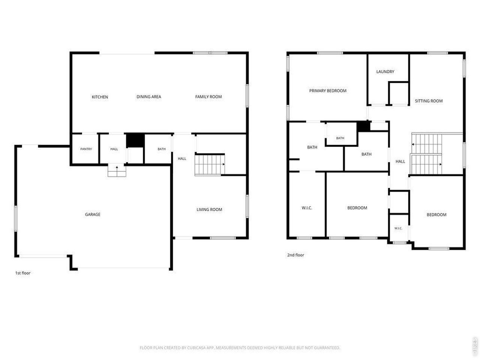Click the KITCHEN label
pos(100,97)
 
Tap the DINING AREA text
pos(149,97)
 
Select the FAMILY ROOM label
pos(208,97)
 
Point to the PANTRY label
pos(86,149)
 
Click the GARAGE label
pos(93,214)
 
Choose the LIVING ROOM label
pos(209,209)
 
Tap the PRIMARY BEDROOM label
pos(328,91)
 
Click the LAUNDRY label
pos(385,72)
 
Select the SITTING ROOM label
pos(429,101)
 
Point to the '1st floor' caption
pos(23,273)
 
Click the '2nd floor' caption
pos(295,255)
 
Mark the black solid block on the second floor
pos(363,126)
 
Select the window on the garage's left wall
pos(16,218)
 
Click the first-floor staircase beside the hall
pos(210,165)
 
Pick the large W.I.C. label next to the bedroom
pos(307,208)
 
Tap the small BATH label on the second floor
pos(340,138)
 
